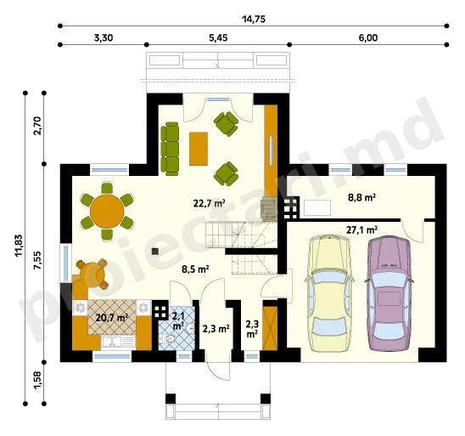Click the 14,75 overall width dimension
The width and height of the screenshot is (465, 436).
254,20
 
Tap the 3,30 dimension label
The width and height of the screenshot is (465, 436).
104,38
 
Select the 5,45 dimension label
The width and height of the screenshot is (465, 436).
218,38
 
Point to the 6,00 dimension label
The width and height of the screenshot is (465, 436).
368,38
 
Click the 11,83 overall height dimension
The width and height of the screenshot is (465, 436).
19,246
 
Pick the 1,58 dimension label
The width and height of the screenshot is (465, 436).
37,380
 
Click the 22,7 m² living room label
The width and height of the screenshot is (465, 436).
209,203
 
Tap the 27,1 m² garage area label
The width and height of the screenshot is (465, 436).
361,229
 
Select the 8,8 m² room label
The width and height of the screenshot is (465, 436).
361,197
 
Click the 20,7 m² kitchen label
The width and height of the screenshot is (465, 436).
112,318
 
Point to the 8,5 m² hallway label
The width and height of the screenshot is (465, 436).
195,269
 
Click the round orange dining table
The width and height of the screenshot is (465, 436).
107,211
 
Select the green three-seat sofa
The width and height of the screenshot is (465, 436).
170,149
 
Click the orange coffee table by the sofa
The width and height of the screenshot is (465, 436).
199,149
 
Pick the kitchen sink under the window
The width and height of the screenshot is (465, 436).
119,342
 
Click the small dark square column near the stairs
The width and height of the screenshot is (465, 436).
154,252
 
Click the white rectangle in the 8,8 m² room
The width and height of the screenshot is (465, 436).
317,208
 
